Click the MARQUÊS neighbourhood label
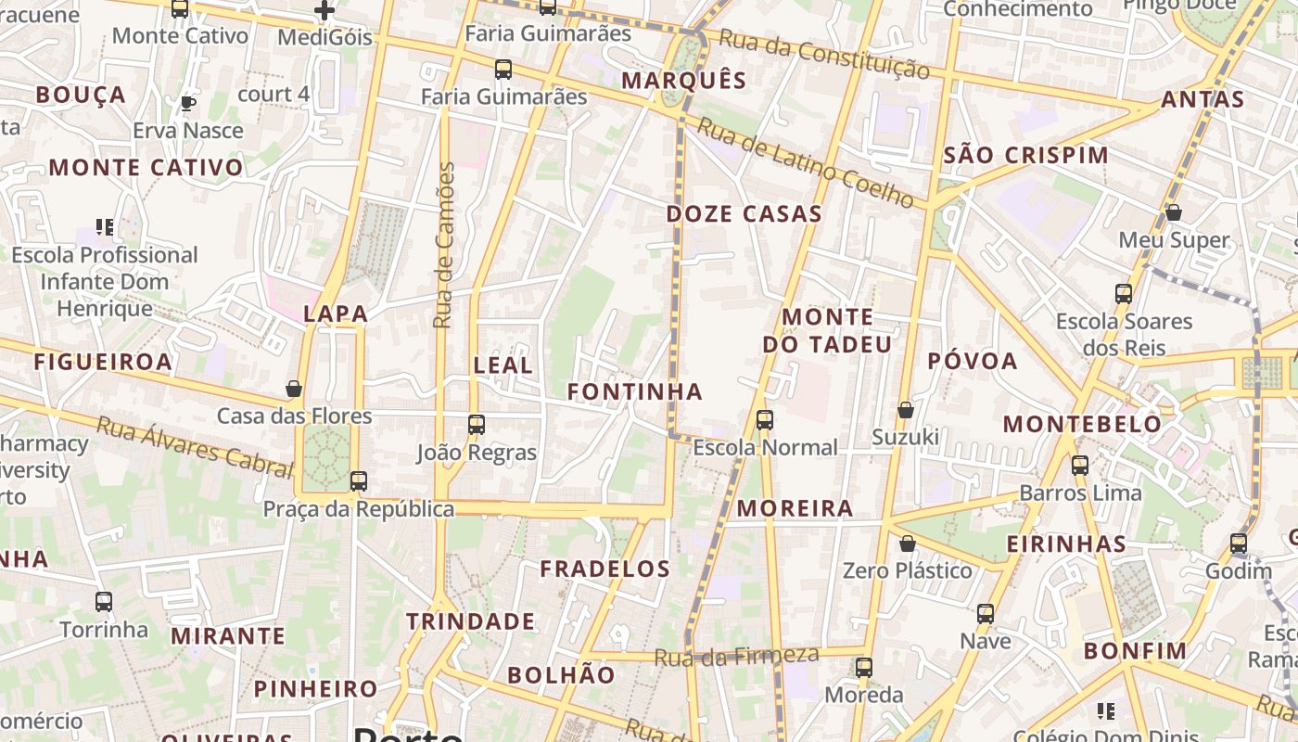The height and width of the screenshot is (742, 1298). pyautogui.click(x=683, y=81)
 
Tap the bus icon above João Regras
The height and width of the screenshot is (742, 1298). pyautogui.click(x=477, y=425)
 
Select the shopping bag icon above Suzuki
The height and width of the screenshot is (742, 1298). pyautogui.click(x=906, y=410)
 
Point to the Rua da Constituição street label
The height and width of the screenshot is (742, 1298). pyautogui.click(x=824, y=54)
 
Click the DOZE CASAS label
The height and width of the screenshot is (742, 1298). pyautogui.click(x=744, y=214)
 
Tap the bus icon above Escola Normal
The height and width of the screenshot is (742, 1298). pyautogui.click(x=765, y=420)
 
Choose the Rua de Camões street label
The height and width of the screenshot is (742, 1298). pyautogui.click(x=445, y=245)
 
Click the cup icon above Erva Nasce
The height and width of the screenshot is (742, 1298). pyautogui.click(x=188, y=103)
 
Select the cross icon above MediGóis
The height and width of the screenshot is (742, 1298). pyautogui.click(x=324, y=10)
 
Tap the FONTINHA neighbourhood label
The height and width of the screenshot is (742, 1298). pyautogui.click(x=634, y=392)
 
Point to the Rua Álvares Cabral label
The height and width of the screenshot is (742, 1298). pyautogui.click(x=195, y=445)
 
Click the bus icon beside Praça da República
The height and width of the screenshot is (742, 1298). pyautogui.click(x=359, y=481)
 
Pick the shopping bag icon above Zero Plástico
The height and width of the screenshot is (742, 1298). pyautogui.click(x=908, y=544)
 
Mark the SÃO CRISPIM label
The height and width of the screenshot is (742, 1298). pyautogui.click(x=1025, y=156)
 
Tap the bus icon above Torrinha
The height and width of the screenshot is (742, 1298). pyautogui.click(x=104, y=602)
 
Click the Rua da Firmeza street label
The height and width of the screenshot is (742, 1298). pyautogui.click(x=736, y=657)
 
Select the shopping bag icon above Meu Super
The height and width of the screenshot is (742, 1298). pyautogui.click(x=1173, y=213)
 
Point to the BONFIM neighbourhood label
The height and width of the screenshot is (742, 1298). pyautogui.click(x=1135, y=651)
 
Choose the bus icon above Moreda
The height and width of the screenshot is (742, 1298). pyautogui.click(x=863, y=667)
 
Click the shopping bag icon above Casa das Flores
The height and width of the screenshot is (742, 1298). pyautogui.click(x=294, y=389)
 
